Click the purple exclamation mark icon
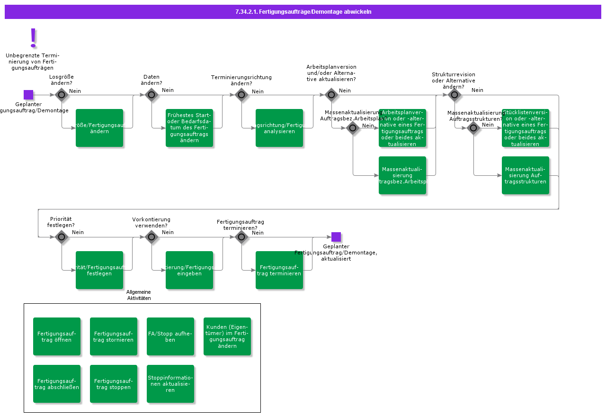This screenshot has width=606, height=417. tap(33, 37)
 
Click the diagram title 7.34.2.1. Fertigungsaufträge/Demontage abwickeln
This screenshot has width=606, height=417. tap(303, 12)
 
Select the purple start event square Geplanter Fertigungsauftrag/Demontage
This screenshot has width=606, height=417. tap(28, 95)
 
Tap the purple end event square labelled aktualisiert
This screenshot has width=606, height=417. tap(336, 237)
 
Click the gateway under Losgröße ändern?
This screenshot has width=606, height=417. tap(62, 95)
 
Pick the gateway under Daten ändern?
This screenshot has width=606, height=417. tap(151, 95)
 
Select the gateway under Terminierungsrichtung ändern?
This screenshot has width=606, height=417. tap(241, 95)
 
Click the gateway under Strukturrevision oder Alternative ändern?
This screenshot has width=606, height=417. tap(454, 95)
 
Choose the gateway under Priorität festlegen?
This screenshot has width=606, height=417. tap(62, 237)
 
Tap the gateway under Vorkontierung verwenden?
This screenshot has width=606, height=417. tap(151, 237)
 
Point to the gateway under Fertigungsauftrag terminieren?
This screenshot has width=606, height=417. tap(241, 237)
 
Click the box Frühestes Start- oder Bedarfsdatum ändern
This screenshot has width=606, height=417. tap(189, 128)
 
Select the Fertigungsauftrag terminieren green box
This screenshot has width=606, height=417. tap(279, 270)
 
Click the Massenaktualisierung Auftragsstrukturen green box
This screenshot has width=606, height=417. tap(526, 175)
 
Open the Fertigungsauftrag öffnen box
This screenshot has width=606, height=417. tap(57, 336)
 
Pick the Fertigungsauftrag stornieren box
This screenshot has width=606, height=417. tap(114, 336)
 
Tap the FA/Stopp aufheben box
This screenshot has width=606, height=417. tap(170, 336)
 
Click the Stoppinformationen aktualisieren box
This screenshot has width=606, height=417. tap(170, 384)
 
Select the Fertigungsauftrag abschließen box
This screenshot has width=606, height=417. tap(57, 384)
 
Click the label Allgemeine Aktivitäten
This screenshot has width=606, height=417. tap(139, 295)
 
